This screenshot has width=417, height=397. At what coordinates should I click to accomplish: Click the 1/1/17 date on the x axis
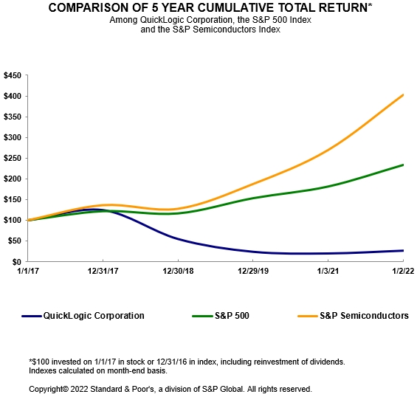point(27,272)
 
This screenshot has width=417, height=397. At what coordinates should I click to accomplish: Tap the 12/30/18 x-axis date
point(178,272)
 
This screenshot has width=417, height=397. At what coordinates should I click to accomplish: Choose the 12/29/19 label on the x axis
point(253,272)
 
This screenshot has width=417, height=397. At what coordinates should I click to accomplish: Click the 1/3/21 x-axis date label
point(328,272)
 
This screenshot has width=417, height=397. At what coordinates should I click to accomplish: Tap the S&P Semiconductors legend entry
point(364,316)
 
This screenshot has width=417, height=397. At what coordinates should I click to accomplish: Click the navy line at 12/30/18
point(178,239)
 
